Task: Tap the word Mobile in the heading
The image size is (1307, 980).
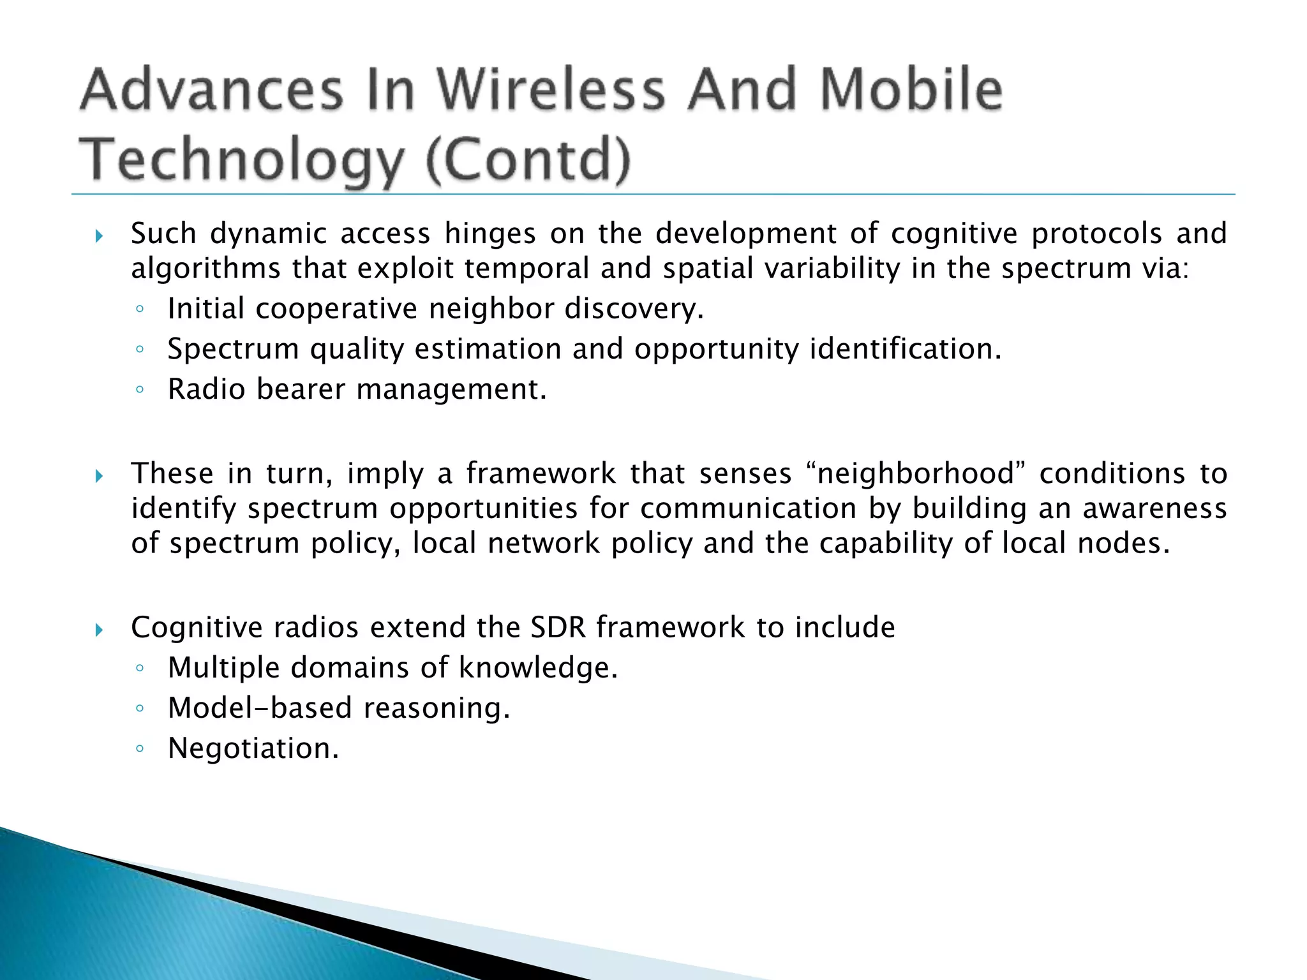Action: point(911,89)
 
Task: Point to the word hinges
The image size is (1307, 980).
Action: point(490,234)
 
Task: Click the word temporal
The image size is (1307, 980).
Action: point(527,268)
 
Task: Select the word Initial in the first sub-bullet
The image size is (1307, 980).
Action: point(205,309)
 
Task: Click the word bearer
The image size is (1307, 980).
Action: point(300,389)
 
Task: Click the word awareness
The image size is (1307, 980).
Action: point(1154,509)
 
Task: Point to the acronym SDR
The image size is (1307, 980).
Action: point(558,627)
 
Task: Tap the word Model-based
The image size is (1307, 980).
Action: point(259,708)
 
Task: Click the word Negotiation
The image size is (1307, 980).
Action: point(253,748)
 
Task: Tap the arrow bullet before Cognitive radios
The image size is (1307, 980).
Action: point(98,630)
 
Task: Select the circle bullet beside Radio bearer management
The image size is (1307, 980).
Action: point(140,390)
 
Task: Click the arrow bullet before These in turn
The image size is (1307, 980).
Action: point(98,476)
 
